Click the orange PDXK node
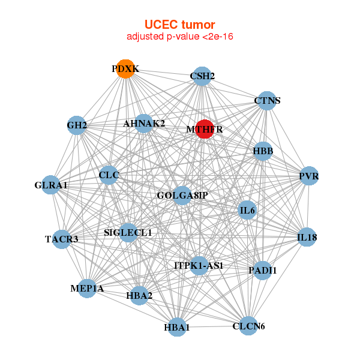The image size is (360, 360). (x=125, y=69)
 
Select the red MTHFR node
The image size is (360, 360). (x=205, y=129)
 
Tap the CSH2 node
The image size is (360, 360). (x=202, y=76)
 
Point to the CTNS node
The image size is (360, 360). (x=268, y=100)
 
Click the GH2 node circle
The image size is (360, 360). (x=77, y=125)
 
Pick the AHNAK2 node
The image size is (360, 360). (x=144, y=124)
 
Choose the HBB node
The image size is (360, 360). (x=263, y=151)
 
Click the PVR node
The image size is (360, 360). (x=308, y=176)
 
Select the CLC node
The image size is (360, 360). (x=109, y=175)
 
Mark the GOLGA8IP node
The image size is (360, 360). (x=182, y=196)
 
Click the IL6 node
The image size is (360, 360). (x=248, y=210)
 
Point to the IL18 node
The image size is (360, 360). (x=307, y=238)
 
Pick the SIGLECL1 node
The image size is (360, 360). (x=128, y=232)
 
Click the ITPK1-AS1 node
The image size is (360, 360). (x=199, y=265)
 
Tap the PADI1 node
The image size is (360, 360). (x=262, y=271)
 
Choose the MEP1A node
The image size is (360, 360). (x=88, y=289)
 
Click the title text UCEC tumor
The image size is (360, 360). (x=179, y=25)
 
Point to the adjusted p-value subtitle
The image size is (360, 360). (x=179, y=37)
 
